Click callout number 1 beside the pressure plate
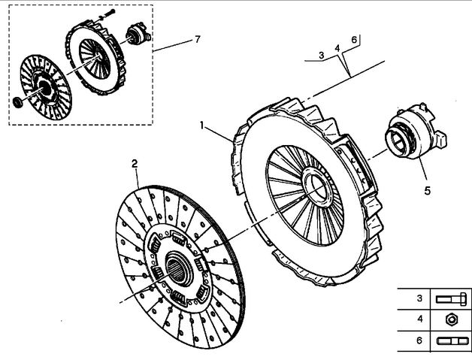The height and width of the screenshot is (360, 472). click(202, 125)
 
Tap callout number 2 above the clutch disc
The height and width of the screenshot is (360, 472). click(135, 164)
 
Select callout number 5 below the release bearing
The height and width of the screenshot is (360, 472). click(428, 191)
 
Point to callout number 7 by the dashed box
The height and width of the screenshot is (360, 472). click(198, 39)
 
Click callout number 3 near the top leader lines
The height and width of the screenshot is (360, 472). click(322, 55)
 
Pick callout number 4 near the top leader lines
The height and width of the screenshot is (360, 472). click(337, 48)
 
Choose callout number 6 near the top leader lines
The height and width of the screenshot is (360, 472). click(354, 39)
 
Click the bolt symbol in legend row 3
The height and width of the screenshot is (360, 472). click(451, 299)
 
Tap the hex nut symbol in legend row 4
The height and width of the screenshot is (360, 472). click(452, 319)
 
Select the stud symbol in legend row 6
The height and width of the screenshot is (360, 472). click(452, 341)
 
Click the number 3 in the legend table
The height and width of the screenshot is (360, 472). click(419, 298)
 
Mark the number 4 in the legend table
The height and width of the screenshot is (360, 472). click(420, 319)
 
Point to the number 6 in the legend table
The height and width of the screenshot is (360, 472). click(419, 340)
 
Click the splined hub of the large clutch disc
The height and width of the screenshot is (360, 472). click(179, 268)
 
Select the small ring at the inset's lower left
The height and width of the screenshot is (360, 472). click(18, 101)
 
